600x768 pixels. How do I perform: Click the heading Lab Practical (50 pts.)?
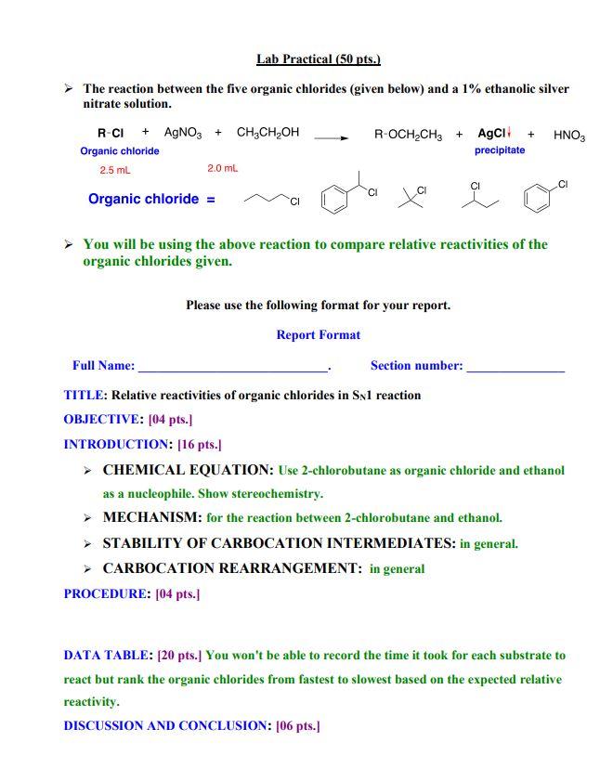pyautogui.click(x=319, y=59)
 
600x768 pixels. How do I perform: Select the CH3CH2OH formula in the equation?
pyautogui.click(x=267, y=133)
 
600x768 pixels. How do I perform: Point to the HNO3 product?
pyautogui.click(x=568, y=135)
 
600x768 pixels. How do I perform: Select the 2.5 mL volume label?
pyautogui.click(x=115, y=170)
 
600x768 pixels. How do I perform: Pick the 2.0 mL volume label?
pyautogui.click(x=222, y=168)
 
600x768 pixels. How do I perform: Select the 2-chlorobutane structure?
pyautogui.click(x=478, y=196)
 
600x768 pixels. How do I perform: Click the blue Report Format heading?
pyautogui.click(x=318, y=334)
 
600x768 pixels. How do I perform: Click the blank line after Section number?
pyautogui.click(x=515, y=368)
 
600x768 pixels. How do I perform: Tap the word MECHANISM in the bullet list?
pyautogui.click(x=151, y=517)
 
